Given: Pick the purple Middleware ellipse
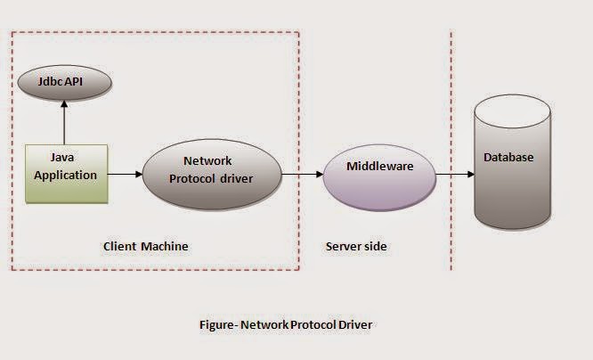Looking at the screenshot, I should [x=379, y=172].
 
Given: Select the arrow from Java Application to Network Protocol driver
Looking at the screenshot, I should [x=124, y=172].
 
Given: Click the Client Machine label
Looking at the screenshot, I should [x=146, y=246].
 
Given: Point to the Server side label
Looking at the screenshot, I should [x=356, y=246].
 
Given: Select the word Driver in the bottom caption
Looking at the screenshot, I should [x=354, y=324].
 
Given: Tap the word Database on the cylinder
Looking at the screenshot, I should [x=508, y=158].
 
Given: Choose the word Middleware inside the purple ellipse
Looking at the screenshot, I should [x=379, y=166].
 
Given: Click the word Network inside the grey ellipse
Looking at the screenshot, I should [x=207, y=161].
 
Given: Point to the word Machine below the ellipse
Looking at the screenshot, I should [x=168, y=246].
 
